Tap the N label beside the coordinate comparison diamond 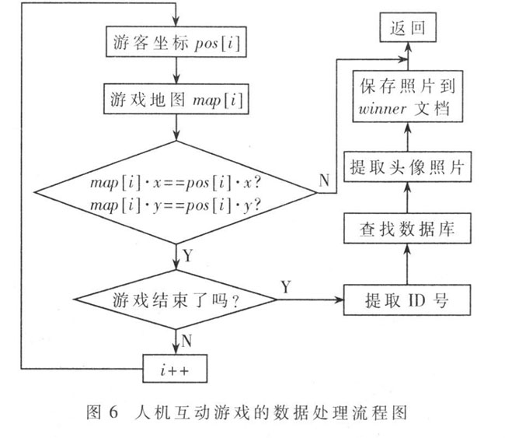pos(323,180)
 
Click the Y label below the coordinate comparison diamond pos(188,254)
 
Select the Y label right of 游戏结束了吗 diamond pos(287,287)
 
